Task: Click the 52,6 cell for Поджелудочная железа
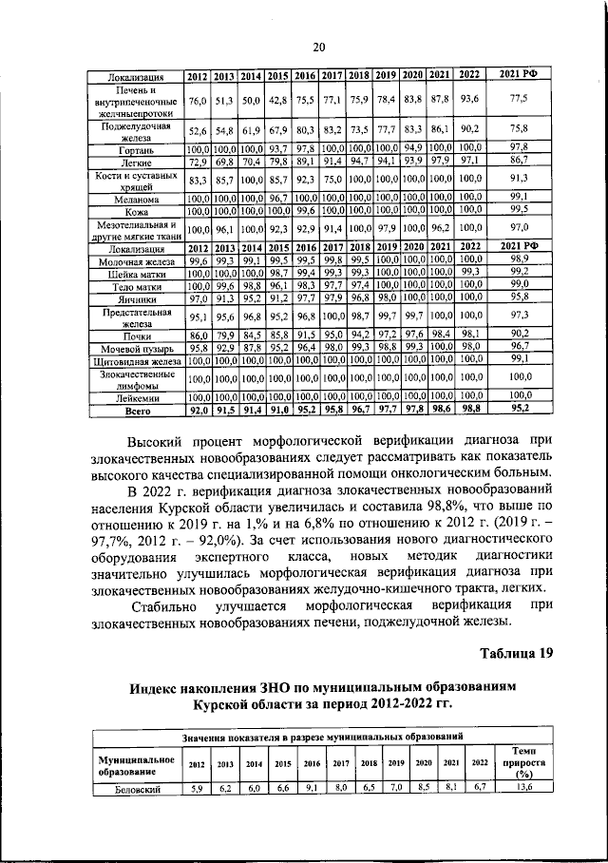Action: (198, 131)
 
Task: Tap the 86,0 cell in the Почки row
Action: (198, 335)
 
